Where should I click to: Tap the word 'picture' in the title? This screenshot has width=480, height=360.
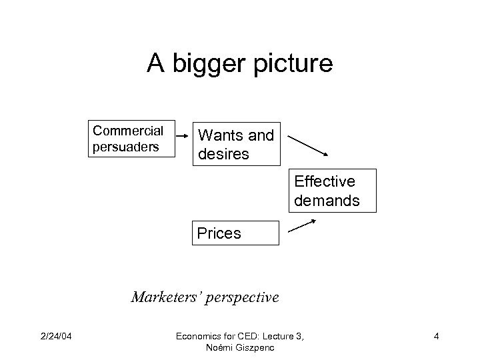point(291,64)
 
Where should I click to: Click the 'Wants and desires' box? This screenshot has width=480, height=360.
point(237,144)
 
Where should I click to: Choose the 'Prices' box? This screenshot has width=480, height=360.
point(234,233)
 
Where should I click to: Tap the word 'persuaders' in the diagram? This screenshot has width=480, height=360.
point(126,146)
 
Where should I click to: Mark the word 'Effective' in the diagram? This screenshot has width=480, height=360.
point(324,181)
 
